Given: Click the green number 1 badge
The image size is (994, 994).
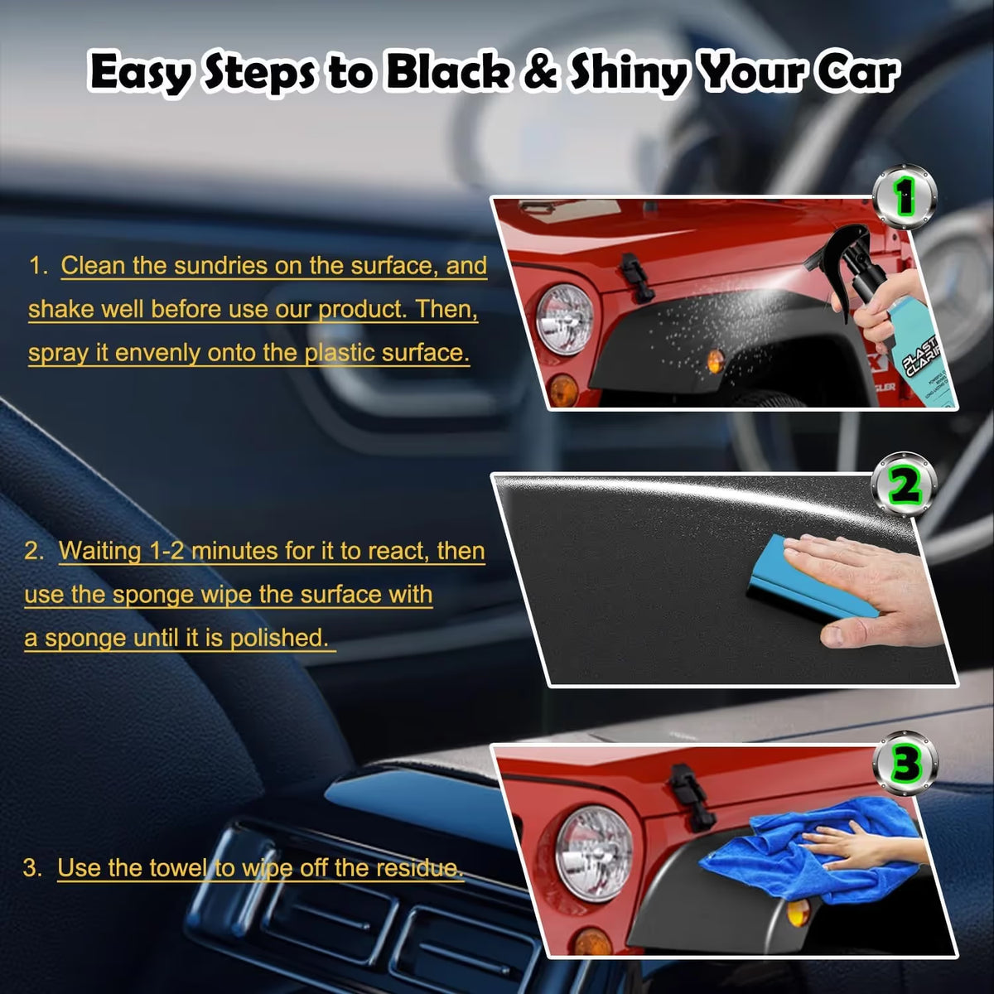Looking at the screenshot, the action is click(905, 196).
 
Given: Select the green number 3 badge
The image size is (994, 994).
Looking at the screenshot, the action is click(905, 764).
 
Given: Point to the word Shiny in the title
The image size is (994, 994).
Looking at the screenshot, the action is click(626, 74).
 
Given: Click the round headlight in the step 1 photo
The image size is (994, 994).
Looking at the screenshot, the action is click(564, 319).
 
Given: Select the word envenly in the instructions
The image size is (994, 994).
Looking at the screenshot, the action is click(157, 354).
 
